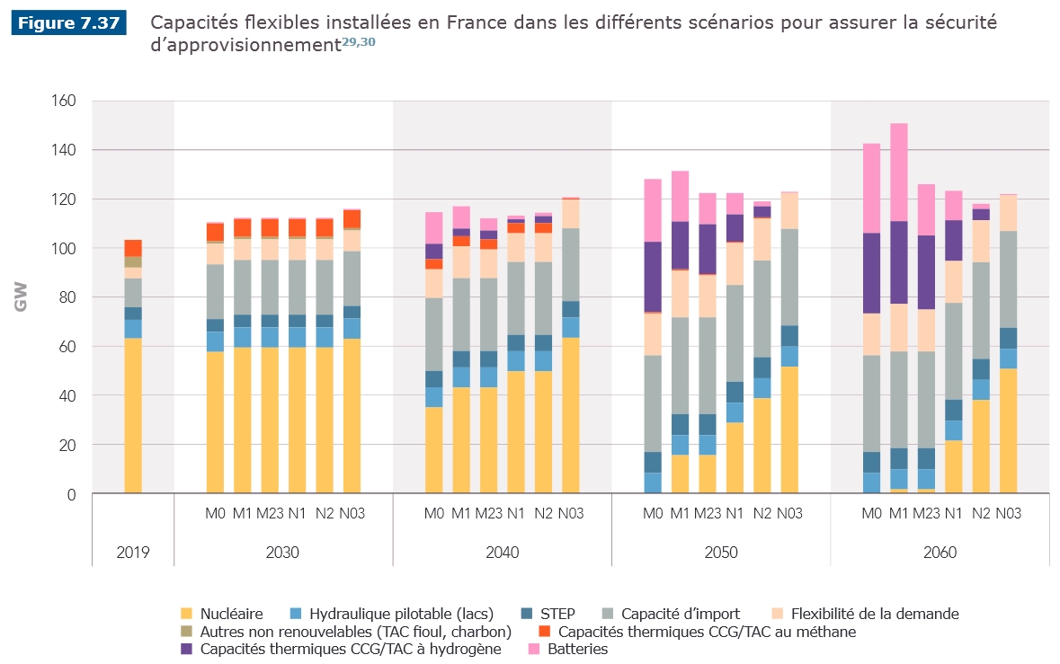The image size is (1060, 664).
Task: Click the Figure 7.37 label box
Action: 68,23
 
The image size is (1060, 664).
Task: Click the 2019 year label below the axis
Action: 133,552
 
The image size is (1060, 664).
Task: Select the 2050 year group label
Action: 720,552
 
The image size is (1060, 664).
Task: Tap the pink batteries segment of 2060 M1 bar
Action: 898,172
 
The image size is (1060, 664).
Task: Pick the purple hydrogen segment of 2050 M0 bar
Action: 653,277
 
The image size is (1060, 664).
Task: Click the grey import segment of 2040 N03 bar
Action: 571,264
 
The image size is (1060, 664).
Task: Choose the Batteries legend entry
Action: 577,649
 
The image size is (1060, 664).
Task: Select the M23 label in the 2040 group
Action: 488,513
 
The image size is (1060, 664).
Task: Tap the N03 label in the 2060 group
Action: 1008,513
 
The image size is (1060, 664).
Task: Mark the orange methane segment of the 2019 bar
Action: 133,248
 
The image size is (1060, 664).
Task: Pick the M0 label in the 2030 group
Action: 215,513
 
